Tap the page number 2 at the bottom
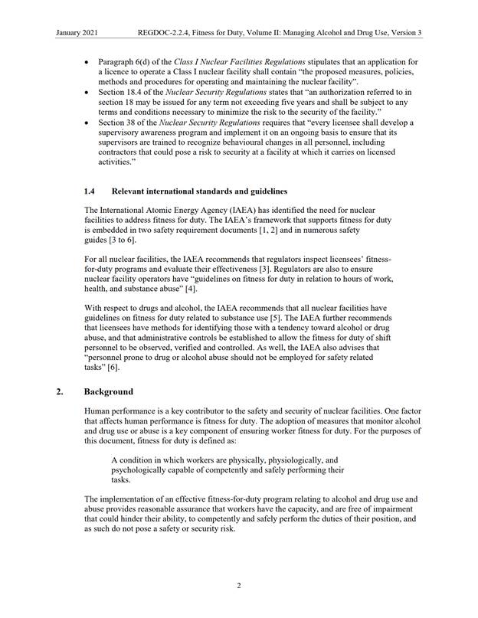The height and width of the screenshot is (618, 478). [239, 586]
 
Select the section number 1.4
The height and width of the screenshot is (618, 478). [90, 190]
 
